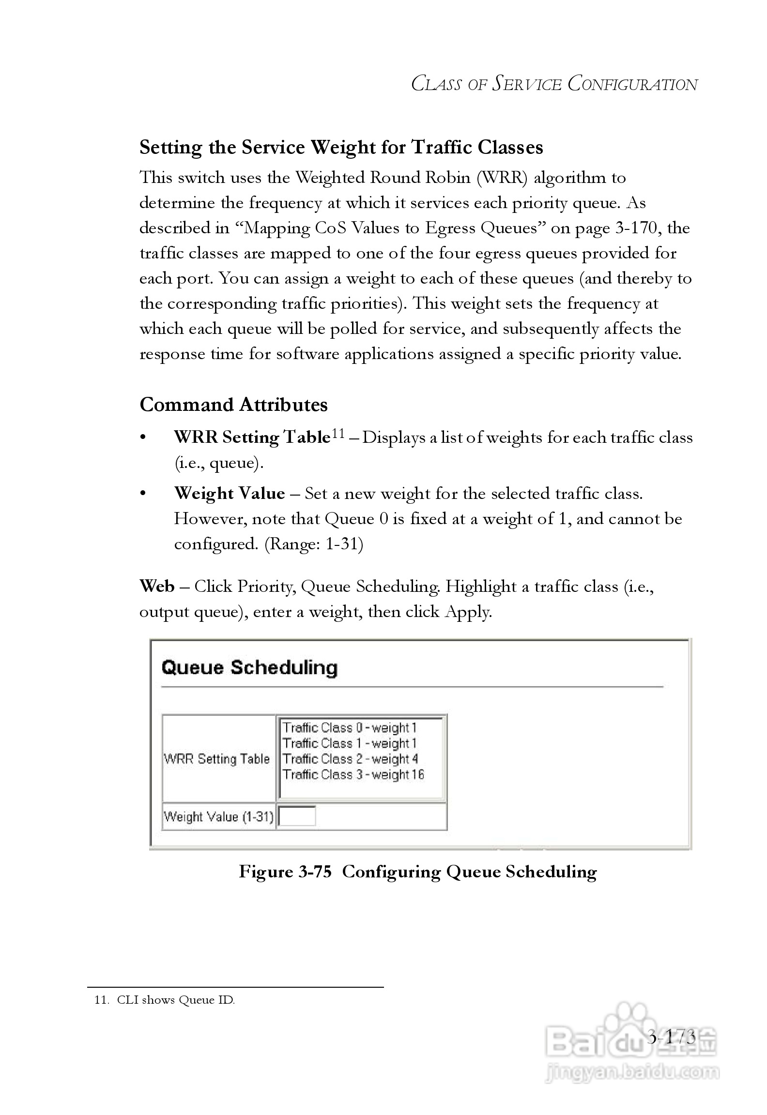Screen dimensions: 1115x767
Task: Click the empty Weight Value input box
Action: [297, 816]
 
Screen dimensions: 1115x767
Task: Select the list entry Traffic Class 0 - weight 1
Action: [349, 728]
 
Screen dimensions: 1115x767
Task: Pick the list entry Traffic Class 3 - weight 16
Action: [353, 774]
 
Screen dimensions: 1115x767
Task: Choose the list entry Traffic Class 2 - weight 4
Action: [350, 759]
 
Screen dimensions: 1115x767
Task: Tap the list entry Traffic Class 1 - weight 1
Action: [349, 743]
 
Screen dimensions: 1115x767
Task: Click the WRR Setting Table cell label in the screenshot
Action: [216, 759]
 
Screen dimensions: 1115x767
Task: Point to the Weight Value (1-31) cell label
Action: [218, 817]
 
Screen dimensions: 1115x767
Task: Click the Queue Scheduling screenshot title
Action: [249, 667]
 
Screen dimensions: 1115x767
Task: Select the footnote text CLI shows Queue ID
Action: [176, 1000]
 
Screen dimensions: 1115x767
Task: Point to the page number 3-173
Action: [672, 1037]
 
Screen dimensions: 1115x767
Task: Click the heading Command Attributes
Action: [233, 405]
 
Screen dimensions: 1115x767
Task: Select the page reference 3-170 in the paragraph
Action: [636, 228]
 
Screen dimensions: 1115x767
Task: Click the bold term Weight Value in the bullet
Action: [229, 494]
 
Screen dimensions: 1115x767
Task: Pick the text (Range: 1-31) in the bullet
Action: [314, 544]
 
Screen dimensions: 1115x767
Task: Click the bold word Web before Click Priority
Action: [156, 586]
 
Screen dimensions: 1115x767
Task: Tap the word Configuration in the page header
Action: [633, 84]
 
